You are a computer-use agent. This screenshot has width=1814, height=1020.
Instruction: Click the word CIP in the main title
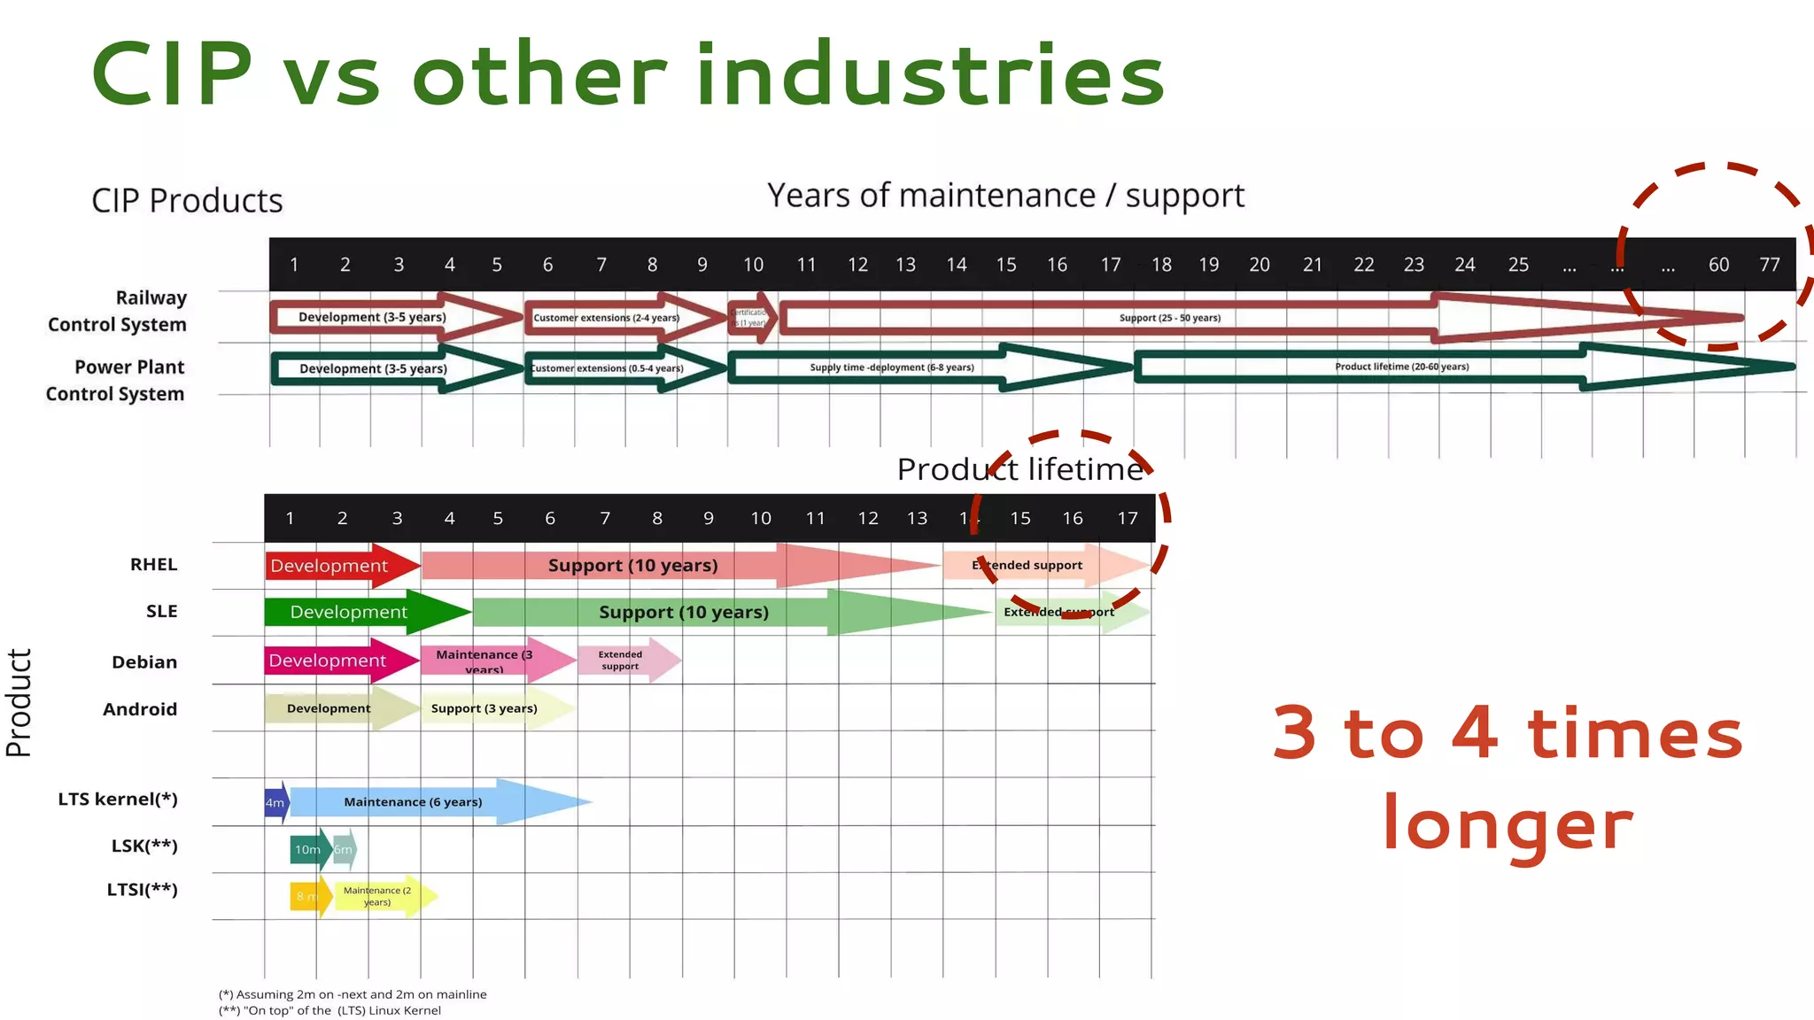click(x=172, y=75)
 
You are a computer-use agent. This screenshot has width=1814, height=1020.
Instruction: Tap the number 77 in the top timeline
click(x=1769, y=265)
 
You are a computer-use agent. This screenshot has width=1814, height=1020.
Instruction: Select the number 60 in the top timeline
click(x=1718, y=265)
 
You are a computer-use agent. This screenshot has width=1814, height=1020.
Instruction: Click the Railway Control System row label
click(x=118, y=311)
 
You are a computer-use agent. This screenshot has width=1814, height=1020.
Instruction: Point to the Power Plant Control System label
click(x=116, y=380)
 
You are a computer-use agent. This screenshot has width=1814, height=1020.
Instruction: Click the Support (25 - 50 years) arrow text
click(x=1169, y=318)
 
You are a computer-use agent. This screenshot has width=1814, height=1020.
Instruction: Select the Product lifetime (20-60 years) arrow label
click(x=1401, y=367)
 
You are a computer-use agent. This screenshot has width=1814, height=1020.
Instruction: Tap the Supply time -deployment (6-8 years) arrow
click(x=891, y=367)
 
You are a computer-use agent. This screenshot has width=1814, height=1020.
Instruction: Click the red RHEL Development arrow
click(x=329, y=566)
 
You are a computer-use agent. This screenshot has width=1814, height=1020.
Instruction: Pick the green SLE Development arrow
click(x=349, y=612)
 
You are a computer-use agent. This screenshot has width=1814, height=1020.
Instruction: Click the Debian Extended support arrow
click(x=620, y=661)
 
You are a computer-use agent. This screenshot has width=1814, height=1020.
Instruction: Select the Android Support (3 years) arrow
click(x=485, y=708)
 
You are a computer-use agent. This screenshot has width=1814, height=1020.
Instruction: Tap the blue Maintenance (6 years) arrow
click(x=414, y=802)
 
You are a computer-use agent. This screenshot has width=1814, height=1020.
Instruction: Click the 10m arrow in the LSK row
click(x=307, y=849)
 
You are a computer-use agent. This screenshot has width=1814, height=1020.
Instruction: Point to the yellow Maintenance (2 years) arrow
click(x=378, y=896)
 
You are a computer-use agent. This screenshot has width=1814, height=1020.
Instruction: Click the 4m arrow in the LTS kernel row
click(x=275, y=803)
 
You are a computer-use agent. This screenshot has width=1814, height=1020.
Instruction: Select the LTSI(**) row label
click(x=143, y=890)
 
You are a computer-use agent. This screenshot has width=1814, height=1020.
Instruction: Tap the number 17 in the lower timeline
click(x=1127, y=518)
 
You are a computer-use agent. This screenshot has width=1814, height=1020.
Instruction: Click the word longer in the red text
click(x=1508, y=823)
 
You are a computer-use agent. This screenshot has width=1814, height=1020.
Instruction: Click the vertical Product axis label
click(x=19, y=703)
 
